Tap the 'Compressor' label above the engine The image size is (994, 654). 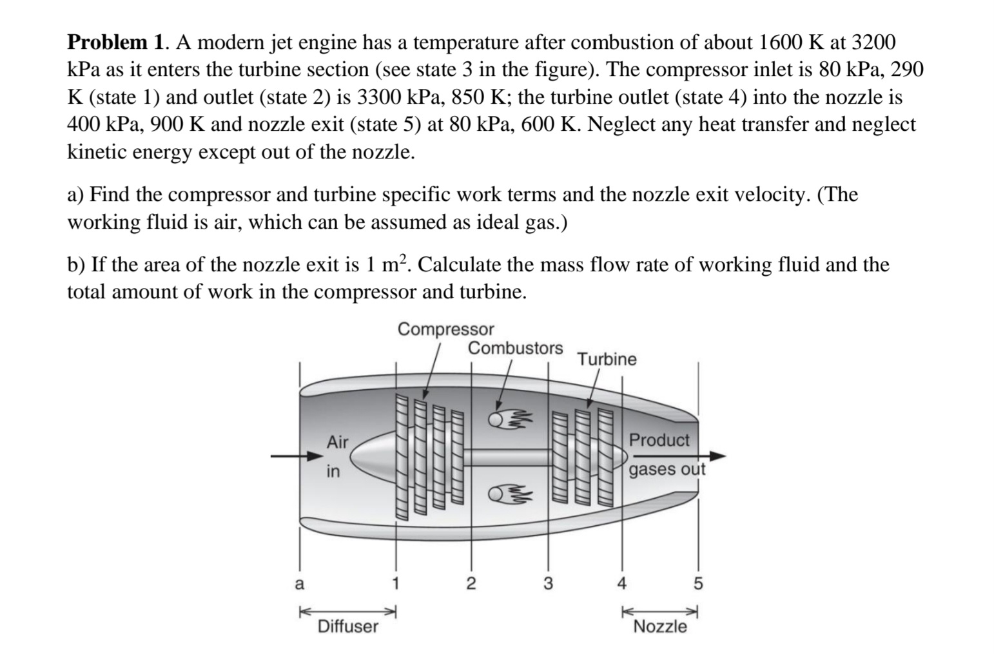pyautogui.click(x=445, y=329)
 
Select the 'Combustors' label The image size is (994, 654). pyautogui.click(x=515, y=349)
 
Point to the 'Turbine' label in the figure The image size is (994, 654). pyautogui.click(x=607, y=360)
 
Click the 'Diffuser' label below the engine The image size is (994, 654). pyautogui.click(x=348, y=626)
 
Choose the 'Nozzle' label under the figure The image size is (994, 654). pyautogui.click(x=660, y=626)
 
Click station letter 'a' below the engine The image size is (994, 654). pyautogui.click(x=298, y=584)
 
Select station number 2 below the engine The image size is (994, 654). pyautogui.click(x=471, y=584)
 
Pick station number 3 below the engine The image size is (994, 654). pyautogui.click(x=548, y=584)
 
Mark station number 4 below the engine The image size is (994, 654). pyautogui.click(x=621, y=584)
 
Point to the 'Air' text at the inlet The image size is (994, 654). pyautogui.click(x=337, y=443)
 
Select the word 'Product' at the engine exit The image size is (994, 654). pyautogui.click(x=659, y=441)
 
